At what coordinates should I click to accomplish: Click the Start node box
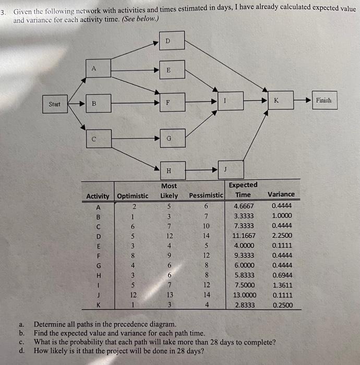pos(55,104)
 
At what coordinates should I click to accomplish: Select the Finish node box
pos(323,101)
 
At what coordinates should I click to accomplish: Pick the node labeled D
pos(167,41)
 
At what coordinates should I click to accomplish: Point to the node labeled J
pos(225,169)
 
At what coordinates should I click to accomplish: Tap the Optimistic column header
pos(133,196)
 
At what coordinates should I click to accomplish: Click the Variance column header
pos(281,194)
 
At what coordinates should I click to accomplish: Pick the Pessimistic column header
pos(206,196)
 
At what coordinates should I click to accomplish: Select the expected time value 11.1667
pos(243,236)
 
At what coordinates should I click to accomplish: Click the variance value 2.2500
pos(282,236)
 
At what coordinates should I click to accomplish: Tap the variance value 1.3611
pos(282,285)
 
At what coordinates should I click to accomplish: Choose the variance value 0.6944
pos(282,275)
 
